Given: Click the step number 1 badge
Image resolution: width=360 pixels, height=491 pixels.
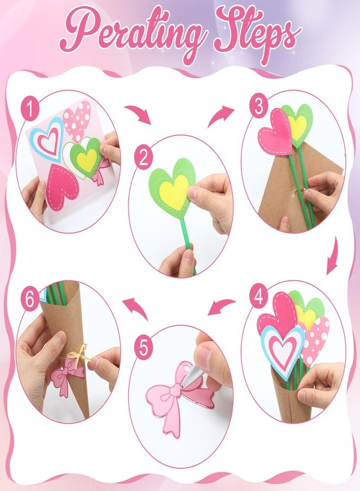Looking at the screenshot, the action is point(30,109).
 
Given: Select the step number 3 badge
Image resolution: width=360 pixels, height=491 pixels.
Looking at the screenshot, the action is point(259,106).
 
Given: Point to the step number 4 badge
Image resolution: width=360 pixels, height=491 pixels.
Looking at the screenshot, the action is point(259,296).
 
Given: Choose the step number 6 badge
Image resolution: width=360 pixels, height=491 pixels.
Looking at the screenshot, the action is point(30,300).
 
